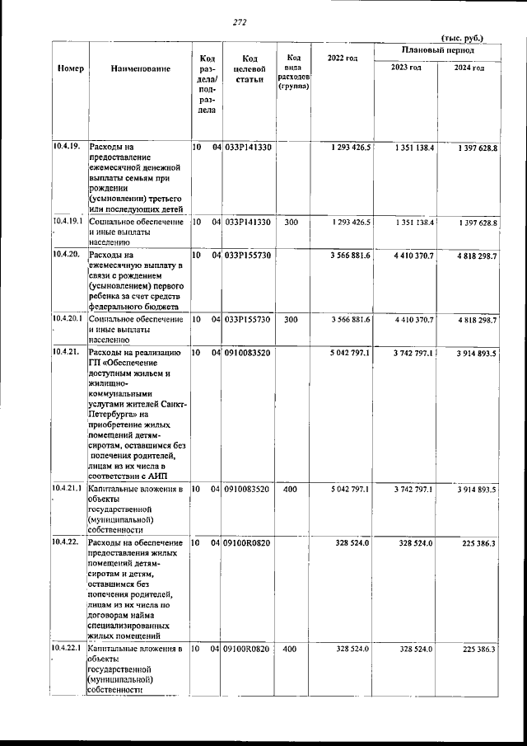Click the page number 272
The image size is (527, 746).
pyautogui.click(x=240, y=22)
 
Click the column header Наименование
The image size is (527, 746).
pyautogui.click(x=141, y=68)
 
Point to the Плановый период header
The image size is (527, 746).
pyautogui.click(x=436, y=51)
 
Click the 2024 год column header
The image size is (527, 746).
pyautogui.click(x=469, y=68)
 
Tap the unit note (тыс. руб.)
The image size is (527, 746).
pyautogui.click(x=463, y=38)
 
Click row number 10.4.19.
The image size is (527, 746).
pyautogui.click(x=64, y=147)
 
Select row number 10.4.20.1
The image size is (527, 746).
pyautogui.click(x=68, y=318)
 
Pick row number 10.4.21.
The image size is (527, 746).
pyautogui.click(x=64, y=352)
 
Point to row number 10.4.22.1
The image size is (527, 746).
pyautogui.click(x=68, y=649)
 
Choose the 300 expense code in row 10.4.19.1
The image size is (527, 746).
pyautogui.click(x=290, y=223)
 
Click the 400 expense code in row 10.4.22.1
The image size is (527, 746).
pyautogui.click(x=290, y=649)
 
